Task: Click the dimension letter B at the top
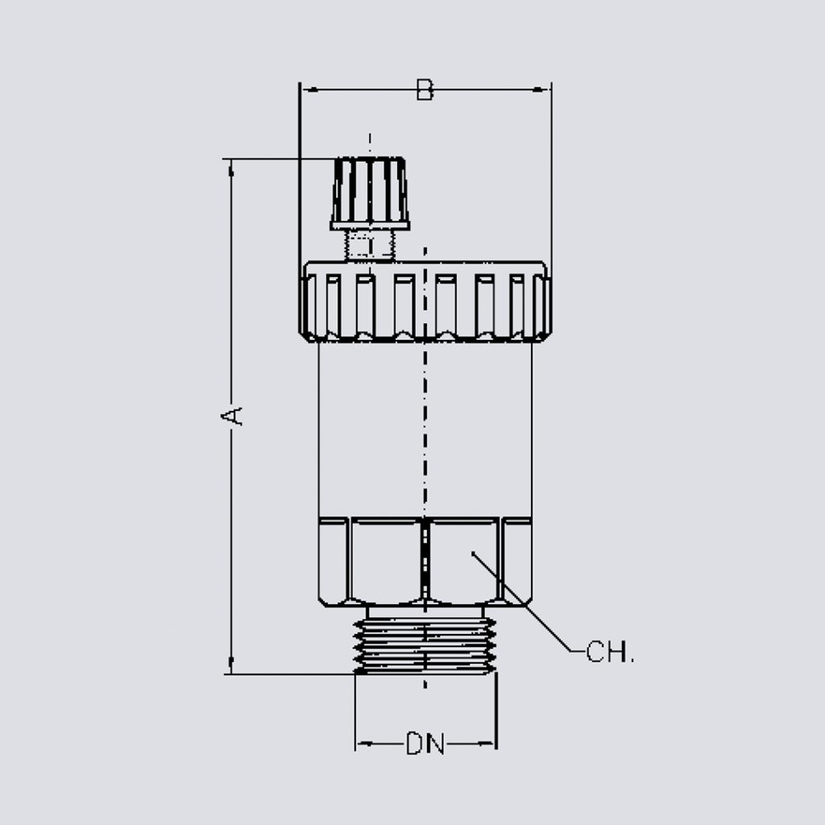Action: point(425,90)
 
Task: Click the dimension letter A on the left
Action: point(232,415)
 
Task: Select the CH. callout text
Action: point(610,652)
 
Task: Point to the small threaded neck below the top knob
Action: point(370,245)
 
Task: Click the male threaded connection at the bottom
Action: point(425,641)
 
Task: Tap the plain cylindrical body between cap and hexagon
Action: point(371,427)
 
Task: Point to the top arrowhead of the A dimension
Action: point(232,166)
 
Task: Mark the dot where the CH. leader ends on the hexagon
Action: point(474,553)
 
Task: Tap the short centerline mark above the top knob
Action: point(370,143)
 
